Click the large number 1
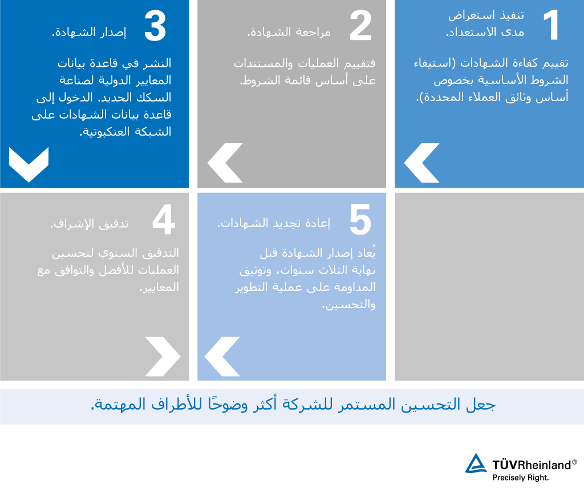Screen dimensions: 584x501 (552, 25)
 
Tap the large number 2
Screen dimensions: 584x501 (361, 25)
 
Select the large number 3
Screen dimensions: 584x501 (155, 26)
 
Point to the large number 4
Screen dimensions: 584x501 (164, 219)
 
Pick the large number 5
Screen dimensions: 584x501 (360, 220)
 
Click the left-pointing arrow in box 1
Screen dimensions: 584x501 (421, 163)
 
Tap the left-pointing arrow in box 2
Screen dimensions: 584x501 (225, 163)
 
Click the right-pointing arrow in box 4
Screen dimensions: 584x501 (163, 357)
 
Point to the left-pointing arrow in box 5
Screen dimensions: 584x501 (222, 357)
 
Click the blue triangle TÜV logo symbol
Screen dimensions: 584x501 (476, 463)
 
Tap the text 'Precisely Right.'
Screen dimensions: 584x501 (521, 478)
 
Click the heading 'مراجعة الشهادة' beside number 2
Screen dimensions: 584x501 (290, 32)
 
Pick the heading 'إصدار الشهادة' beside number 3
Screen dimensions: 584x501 (90, 32)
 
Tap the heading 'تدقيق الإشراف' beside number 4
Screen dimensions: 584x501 (90, 223)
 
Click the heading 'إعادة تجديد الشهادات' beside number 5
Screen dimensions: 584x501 (274, 223)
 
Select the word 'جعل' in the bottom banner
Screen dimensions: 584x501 (481, 405)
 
